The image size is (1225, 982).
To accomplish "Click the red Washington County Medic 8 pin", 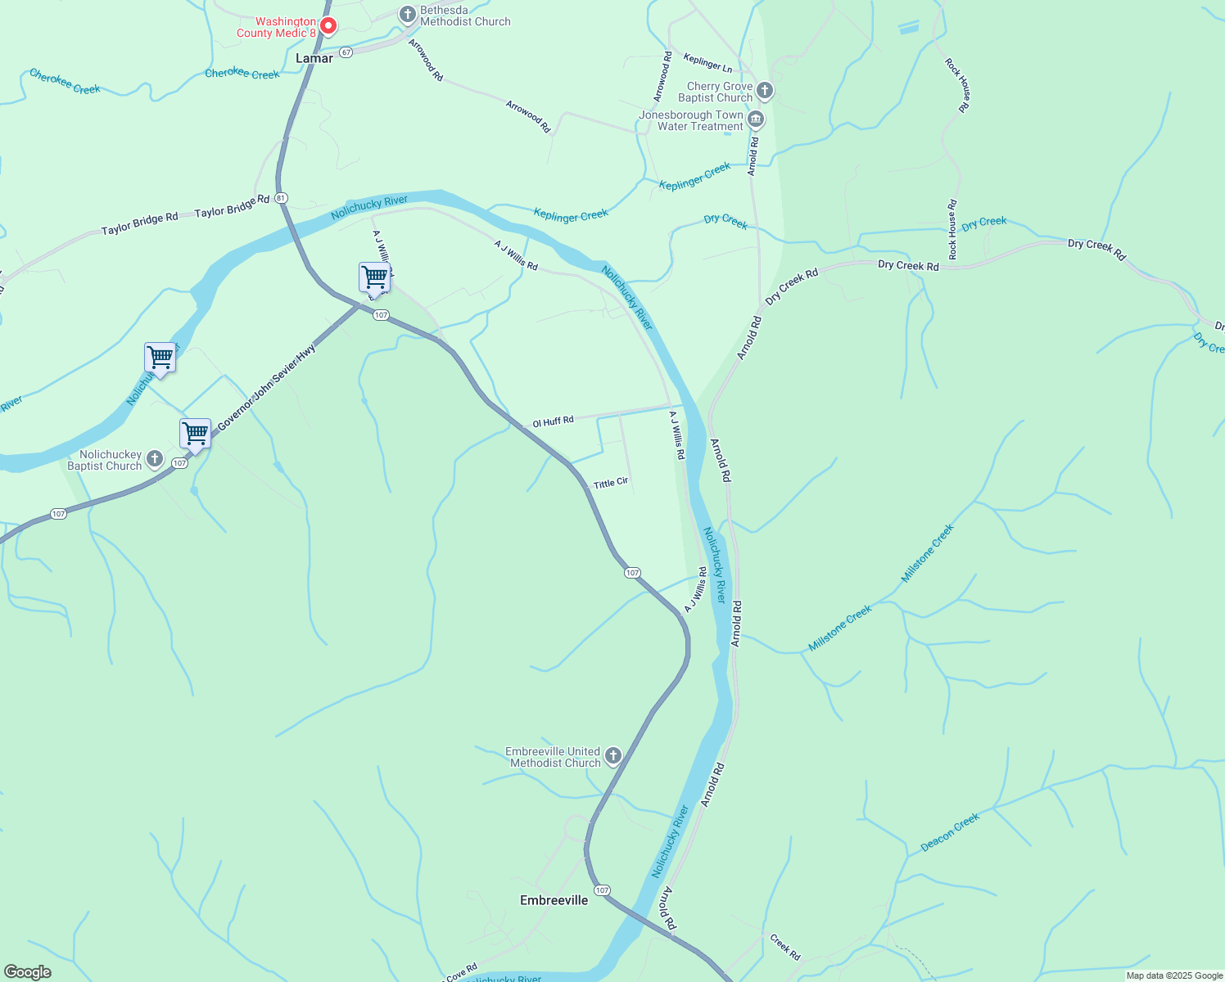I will pos(328,26).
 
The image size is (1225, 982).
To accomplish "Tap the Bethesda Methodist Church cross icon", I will pos(407,15).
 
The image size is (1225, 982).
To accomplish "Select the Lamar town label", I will pos(314,58).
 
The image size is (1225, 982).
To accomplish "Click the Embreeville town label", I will pos(554,900).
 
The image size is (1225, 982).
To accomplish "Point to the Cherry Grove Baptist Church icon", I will pos(765,90).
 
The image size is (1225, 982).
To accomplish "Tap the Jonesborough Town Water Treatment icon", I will pos(756,120).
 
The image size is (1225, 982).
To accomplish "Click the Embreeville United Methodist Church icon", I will pos(612,756).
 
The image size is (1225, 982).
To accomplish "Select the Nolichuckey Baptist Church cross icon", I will pos(154,459).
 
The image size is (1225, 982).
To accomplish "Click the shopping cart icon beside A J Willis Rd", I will pos(374,277).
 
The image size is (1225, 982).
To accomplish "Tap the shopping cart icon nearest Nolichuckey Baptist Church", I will pos(196,433).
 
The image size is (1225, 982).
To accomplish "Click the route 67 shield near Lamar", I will pos(346,52).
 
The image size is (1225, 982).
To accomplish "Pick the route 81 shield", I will pos(282,198).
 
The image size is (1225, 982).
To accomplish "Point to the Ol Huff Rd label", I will pos(553,421).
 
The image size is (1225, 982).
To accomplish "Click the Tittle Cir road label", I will pos(611,483).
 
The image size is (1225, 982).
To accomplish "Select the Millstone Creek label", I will pos(840,628).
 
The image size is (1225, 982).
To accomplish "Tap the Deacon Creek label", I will pos(950,832).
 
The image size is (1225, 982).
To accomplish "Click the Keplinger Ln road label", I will pos(707,62).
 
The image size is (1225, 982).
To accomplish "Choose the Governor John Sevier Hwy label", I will pos(266,387).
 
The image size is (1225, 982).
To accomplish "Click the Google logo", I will pos(28,972).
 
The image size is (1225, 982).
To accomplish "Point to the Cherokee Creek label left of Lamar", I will pos(65,81).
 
